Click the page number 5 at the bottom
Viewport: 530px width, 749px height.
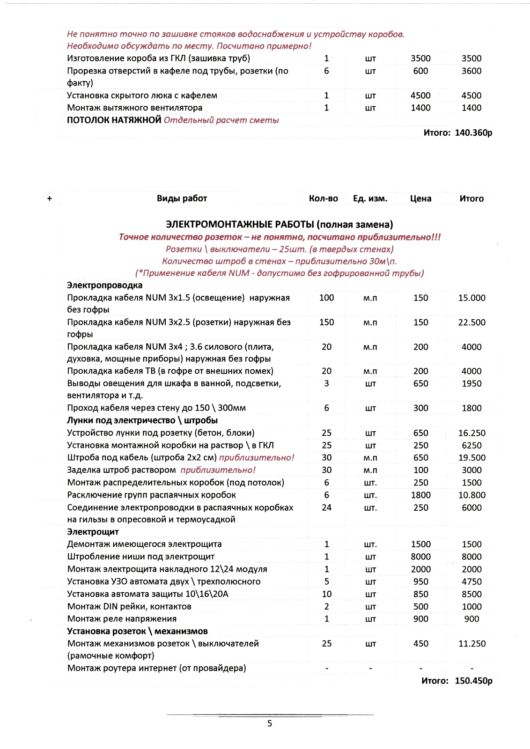[x=270, y=723]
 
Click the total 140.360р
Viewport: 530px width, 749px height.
[x=473, y=132]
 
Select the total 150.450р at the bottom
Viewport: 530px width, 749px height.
[x=473, y=681]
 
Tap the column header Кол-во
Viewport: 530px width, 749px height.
[x=323, y=198]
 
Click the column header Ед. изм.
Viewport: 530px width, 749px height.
[x=370, y=198]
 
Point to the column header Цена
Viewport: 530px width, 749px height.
[x=420, y=198]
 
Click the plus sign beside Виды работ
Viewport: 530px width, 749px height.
[x=50, y=198]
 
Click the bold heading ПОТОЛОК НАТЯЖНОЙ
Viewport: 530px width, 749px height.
[x=114, y=120]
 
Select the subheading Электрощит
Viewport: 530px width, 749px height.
[x=93, y=532]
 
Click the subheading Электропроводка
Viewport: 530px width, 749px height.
[x=104, y=285]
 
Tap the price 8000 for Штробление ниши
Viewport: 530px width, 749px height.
[x=420, y=557]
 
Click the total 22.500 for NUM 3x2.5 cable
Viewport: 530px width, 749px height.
[x=471, y=323]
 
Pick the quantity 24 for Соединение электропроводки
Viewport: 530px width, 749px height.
[x=326, y=507]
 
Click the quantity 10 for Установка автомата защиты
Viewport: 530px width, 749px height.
[x=326, y=594]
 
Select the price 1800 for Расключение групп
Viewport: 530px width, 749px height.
[x=420, y=495]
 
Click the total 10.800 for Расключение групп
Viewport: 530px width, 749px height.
[x=471, y=495]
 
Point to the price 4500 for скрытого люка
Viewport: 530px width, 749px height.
[x=420, y=95]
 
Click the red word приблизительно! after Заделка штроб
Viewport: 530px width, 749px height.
[x=218, y=470]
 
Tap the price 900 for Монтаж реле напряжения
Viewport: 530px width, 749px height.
[x=420, y=619]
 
